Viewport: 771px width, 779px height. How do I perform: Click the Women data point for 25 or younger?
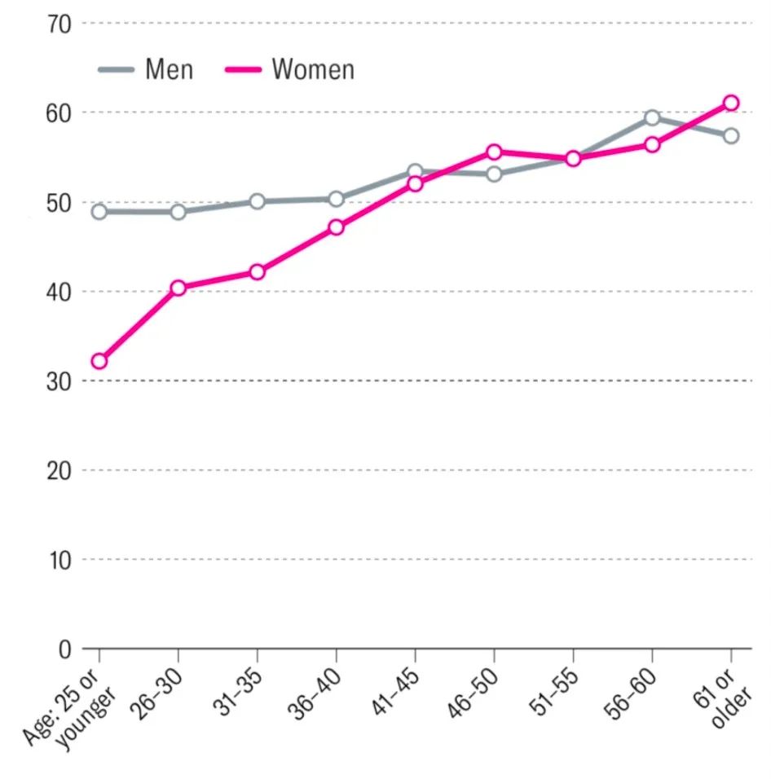pos(99,361)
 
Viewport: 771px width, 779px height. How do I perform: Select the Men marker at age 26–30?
pos(178,212)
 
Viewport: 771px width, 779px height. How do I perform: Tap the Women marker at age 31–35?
pos(257,271)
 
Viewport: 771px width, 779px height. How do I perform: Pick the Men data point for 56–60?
pos(652,118)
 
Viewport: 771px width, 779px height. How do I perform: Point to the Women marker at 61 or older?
pos(731,103)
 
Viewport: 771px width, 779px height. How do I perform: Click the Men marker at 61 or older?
pos(731,135)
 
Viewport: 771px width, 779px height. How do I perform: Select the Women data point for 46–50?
pos(494,152)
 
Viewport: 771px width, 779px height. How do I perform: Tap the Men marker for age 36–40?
pos(336,199)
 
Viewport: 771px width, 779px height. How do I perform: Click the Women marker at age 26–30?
pos(178,288)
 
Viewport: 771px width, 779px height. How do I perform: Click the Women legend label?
pos(313,70)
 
